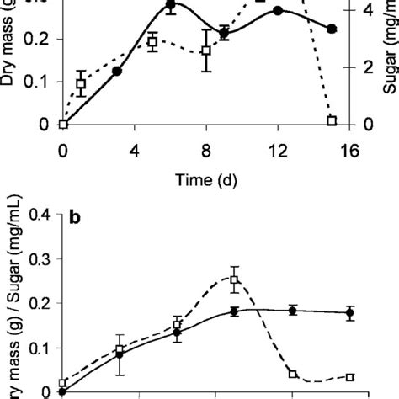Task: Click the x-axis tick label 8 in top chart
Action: click(206, 152)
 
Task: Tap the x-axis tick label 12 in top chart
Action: click(278, 152)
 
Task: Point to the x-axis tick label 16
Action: click(349, 152)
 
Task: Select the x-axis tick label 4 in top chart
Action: click(135, 152)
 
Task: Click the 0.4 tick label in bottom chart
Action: click(38, 214)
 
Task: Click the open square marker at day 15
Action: click(332, 121)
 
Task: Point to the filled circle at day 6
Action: click(171, 5)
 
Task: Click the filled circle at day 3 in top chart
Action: click(117, 72)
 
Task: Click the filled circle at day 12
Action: click(278, 11)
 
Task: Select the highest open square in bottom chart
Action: click(235, 280)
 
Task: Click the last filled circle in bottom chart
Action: click(350, 312)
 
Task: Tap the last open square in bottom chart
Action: click(350, 377)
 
